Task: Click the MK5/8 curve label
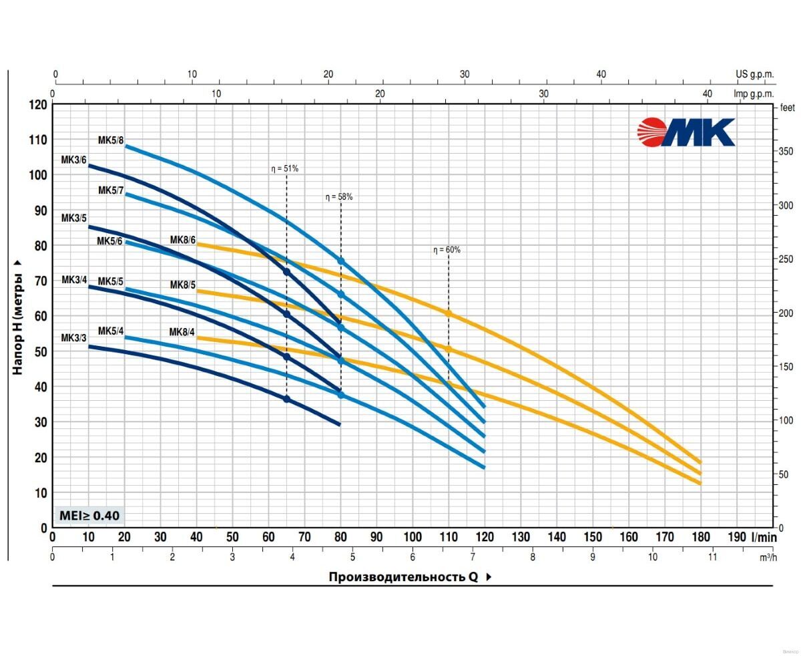(111, 140)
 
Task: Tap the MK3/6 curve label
(74, 160)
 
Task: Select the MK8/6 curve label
(182, 240)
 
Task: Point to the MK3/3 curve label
(74, 338)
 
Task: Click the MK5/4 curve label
(111, 331)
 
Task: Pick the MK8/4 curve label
(182, 332)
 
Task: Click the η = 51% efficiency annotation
(285, 169)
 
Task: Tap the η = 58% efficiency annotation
(339, 197)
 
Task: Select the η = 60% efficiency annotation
(447, 250)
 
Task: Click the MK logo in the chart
(686, 132)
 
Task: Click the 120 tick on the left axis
(39, 105)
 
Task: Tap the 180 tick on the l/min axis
(701, 536)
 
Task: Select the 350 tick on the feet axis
(786, 152)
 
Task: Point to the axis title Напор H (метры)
(18, 316)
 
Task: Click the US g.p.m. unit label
(754, 74)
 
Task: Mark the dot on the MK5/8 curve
(341, 261)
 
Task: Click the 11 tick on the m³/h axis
(712, 557)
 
